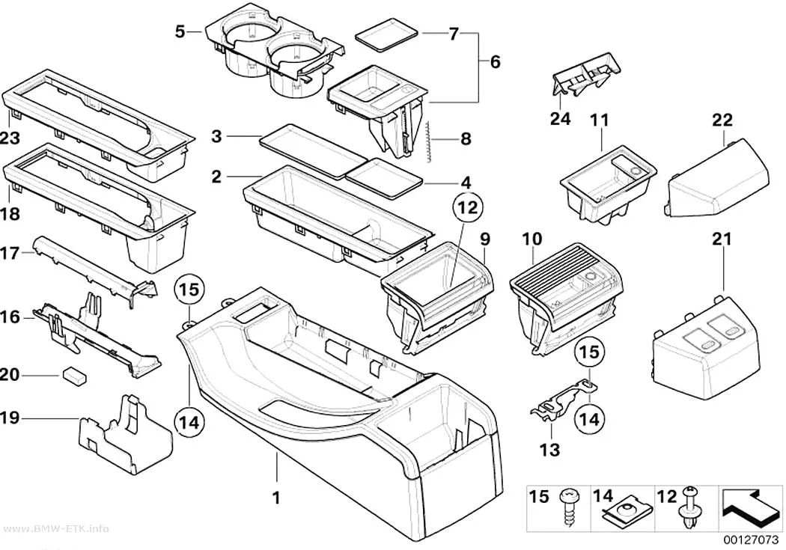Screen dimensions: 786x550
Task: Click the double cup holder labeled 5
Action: (x=275, y=50)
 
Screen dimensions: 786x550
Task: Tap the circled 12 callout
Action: (x=467, y=207)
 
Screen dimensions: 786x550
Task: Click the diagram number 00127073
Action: (x=750, y=540)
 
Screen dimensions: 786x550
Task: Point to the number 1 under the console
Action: (x=275, y=498)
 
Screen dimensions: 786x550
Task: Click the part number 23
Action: (x=10, y=138)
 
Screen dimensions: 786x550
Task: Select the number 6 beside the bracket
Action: (x=495, y=62)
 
